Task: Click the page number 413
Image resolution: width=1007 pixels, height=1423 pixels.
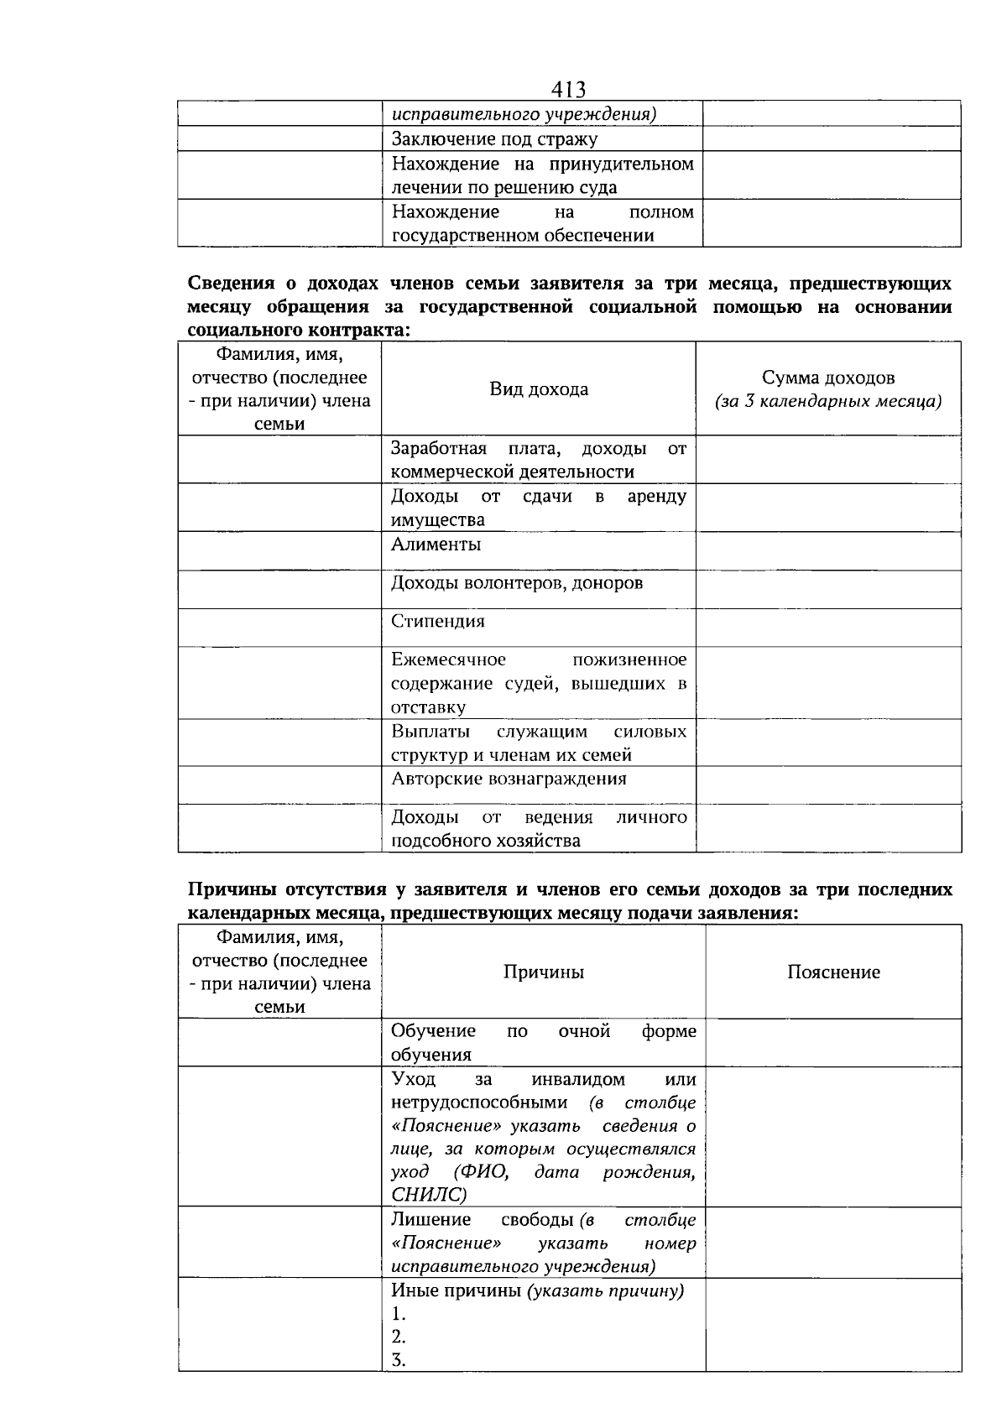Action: pos(568,89)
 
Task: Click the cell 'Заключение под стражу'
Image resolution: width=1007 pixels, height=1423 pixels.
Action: pos(494,139)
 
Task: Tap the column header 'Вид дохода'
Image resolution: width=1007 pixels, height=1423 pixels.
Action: pos(539,389)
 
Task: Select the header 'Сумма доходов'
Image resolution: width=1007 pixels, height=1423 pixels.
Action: pos(828,378)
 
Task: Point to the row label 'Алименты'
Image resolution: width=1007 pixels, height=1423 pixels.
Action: pos(436,545)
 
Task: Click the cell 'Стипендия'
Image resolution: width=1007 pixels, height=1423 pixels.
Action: pos(437,622)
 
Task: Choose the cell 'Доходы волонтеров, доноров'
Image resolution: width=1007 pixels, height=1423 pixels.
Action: pos(517,583)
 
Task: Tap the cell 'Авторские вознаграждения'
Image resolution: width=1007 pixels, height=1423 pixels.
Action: pos(509,779)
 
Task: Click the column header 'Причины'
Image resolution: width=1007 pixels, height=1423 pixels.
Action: pos(543,972)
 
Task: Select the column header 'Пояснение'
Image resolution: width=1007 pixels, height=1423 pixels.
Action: pos(833,972)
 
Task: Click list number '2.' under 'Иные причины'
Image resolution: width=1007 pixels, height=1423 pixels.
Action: pos(399,1337)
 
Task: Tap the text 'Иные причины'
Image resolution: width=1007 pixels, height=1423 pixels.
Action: pos(457,1291)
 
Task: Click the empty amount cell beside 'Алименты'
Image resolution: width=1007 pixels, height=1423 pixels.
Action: pos(828,551)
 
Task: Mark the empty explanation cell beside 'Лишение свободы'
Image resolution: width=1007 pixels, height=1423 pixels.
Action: pos(833,1243)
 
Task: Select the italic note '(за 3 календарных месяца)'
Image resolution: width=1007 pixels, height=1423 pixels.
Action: pos(828,401)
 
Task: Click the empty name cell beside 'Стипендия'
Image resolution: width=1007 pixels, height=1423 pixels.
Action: pos(279,628)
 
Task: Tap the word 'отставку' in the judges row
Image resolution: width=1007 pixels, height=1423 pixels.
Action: pos(428,707)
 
